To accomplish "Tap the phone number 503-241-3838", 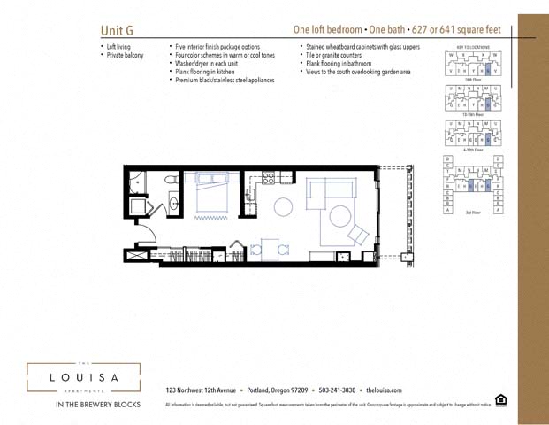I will point(337,390).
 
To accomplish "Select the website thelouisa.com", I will point(384,390).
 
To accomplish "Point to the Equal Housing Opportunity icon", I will point(502,400).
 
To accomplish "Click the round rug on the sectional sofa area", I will point(340,216).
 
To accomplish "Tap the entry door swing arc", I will point(147,237).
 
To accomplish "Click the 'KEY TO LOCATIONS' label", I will point(473,46).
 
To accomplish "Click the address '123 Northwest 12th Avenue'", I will point(200,390).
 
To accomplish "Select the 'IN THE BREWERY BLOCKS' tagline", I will point(83,405).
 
